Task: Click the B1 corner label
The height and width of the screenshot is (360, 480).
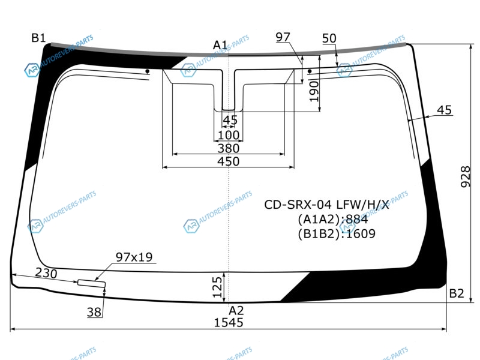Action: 38,38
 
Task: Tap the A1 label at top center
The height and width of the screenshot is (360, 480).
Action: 220,46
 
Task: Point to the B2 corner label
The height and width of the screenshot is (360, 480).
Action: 457,293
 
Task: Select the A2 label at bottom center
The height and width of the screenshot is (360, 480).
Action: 236,311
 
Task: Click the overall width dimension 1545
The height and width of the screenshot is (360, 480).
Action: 229,323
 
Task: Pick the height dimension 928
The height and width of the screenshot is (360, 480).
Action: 466,176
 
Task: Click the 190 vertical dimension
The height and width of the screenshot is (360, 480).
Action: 314,92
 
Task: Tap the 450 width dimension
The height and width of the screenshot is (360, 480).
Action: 229,161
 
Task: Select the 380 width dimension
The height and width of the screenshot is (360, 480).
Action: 229,148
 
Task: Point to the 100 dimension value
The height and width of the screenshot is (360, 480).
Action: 229,135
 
